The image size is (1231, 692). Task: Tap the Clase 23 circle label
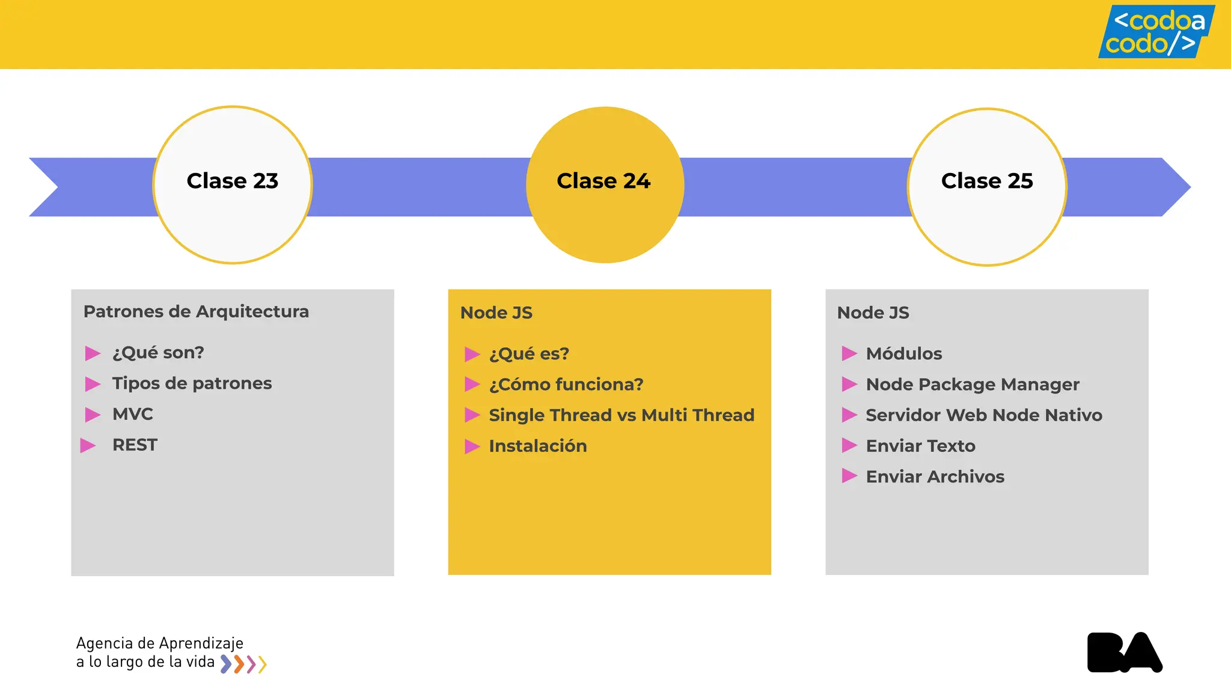click(x=232, y=181)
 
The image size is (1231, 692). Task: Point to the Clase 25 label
click(x=986, y=181)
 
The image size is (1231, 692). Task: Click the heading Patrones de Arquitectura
click(x=196, y=312)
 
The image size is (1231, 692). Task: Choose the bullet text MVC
click(x=132, y=414)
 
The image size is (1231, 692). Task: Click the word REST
click(x=135, y=445)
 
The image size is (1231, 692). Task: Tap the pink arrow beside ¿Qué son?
click(x=93, y=353)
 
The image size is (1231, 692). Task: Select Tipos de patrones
click(x=192, y=383)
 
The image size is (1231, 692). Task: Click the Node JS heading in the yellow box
click(x=496, y=313)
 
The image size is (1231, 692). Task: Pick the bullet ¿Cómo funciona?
click(x=566, y=384)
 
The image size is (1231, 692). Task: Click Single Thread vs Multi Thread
click(x=621, y=415)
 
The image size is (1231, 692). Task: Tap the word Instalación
click(x=537, y=446)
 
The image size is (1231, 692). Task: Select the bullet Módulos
click(x=903, y=354)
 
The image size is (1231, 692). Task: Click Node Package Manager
click(x=972, y=384)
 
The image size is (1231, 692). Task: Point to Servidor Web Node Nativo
click(x=983, y=415)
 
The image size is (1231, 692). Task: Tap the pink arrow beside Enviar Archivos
click(x=849, y=476)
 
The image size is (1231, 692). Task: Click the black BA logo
click(x=1124, y=652)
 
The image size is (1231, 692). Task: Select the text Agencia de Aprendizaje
click(x=159, y=643)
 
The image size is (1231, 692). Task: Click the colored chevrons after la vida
click(x=243, y=664)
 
